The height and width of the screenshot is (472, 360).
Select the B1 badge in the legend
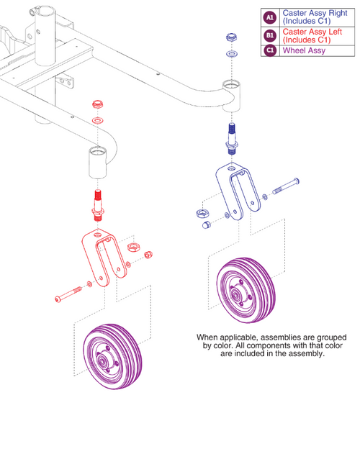[269, 35]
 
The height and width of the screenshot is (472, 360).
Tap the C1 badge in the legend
[269, 50]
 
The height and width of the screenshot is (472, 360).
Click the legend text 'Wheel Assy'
[304, 50]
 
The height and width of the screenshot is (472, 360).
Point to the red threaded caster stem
[98, 202]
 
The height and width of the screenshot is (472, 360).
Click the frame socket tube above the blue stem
[230, 94]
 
